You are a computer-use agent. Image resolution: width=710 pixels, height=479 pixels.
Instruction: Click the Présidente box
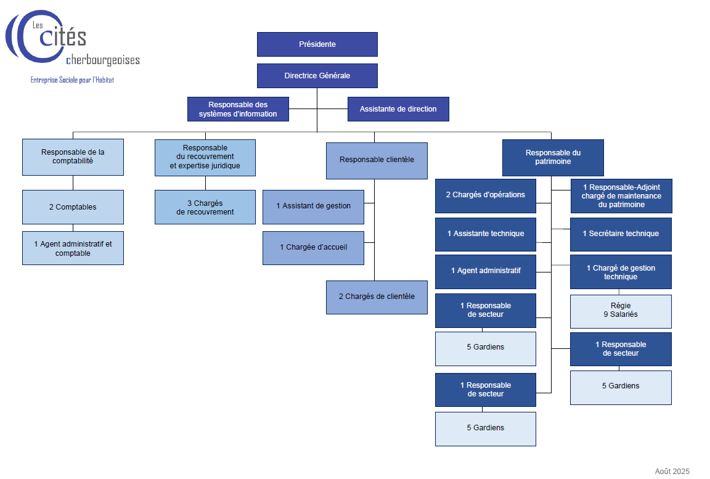coord(317,44)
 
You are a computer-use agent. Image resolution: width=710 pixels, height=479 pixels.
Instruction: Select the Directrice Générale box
coord(317,76)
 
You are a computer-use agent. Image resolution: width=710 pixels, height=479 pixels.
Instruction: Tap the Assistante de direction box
coord(398,109)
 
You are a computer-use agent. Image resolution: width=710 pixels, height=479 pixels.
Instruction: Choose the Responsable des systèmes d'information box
coord(238,109)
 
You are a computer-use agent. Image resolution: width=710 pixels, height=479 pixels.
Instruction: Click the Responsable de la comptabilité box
coord(73,157)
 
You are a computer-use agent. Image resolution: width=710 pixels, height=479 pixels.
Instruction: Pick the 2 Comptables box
coord(73,207)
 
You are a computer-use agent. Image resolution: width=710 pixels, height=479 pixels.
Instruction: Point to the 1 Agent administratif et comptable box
coord(73,248)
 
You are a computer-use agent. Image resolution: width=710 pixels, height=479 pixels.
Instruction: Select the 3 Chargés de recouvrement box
coord(205,207)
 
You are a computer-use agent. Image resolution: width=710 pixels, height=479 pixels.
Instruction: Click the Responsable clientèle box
coord(377,160)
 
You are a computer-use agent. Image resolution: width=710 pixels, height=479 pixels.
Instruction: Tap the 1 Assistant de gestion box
coord(313,207)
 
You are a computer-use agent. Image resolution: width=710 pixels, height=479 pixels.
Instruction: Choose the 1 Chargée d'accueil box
coord(313,248)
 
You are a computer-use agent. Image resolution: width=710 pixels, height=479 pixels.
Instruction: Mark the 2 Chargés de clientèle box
coord(377,297)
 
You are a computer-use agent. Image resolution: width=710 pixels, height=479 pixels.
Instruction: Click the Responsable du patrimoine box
coord(553,157)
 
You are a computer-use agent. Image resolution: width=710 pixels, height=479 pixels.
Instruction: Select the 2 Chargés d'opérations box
coord(486,195)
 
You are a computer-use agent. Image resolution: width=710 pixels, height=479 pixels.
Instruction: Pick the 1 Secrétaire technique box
coord(621,234)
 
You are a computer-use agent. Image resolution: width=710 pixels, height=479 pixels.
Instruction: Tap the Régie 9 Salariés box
coord(621,311)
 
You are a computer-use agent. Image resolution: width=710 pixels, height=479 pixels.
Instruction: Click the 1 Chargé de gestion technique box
coord(621,272)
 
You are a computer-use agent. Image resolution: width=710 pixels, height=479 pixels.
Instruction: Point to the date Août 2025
coord(672,472)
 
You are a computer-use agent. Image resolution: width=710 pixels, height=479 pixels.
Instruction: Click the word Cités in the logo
coord(63,38)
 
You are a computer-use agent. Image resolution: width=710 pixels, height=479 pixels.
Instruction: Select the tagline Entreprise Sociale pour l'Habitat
coord(72,80)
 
